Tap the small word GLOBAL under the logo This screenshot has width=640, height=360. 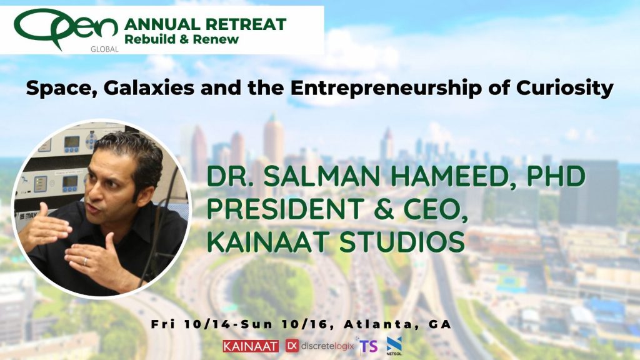(104, 49)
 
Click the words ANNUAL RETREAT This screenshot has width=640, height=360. (205, 24)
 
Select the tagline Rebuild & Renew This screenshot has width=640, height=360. (182, 39)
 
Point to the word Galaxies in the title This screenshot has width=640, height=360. (149, 88)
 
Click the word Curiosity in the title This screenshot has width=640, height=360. (565, 88)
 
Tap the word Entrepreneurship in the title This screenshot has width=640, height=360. (387, 89)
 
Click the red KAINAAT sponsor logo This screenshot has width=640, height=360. (251, 346)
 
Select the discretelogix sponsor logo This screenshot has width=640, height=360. (319, 346)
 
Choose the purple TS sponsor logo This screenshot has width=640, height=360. (368, 346)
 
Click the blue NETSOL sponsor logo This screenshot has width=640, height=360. (394, 346)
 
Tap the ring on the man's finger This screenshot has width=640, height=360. (85, 262)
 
